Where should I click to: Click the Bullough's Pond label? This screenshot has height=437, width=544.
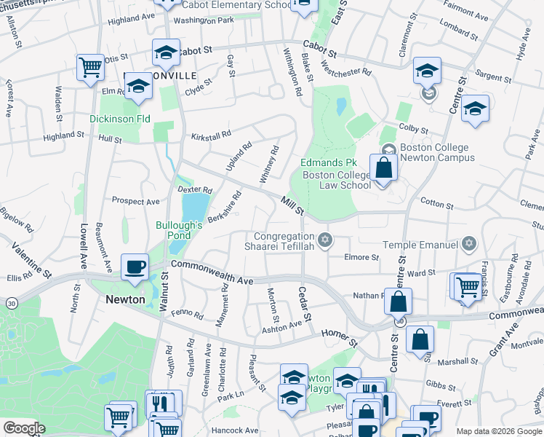[178, 231]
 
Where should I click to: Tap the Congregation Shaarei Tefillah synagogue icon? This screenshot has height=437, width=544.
[325, 239]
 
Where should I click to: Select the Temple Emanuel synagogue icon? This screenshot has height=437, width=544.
[469, 244]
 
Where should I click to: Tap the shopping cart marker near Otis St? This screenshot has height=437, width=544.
[91, 67]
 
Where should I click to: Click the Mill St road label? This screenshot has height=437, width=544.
[292, 204]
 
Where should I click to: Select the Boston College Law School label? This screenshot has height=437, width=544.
[336, 180]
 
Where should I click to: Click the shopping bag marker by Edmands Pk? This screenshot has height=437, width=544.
[383, 168]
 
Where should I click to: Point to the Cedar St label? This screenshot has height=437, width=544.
[305, 305]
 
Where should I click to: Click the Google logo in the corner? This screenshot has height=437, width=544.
[24, 428]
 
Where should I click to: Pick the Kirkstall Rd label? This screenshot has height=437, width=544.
[211, 135]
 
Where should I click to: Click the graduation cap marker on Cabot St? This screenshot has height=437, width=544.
[166, 52]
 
